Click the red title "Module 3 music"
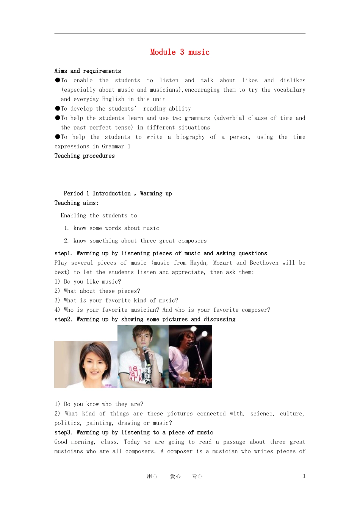[180, 52]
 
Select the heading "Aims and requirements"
[88, 71]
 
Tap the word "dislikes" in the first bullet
[293, 80]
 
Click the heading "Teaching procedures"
[85, 156]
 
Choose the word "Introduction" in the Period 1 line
[111, 194]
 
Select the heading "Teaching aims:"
[76, 203]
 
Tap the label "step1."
[63, 253]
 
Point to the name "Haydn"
[199, 263]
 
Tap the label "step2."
[63, 320]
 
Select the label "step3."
[63, 432]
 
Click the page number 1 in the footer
[304, 476]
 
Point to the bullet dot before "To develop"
[58, 108]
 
